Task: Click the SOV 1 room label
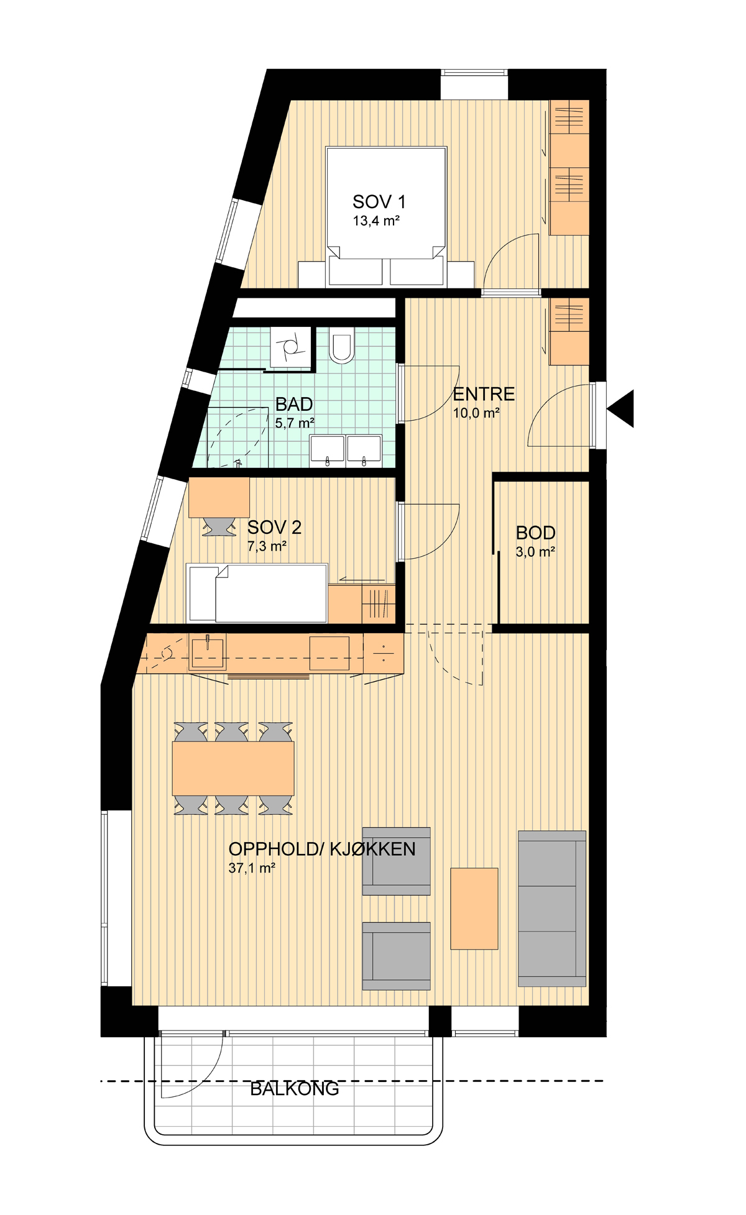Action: point(379,201)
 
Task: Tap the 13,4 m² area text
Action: point(376,221)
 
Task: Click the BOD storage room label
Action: point(535,533)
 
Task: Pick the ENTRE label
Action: point(484,394)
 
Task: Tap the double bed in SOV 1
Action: point(386,216)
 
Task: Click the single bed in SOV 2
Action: point(257,593)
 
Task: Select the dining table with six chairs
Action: point(233,768)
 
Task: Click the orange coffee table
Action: point(474,909)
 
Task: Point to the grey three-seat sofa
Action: point(552,909)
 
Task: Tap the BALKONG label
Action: point(295,1089)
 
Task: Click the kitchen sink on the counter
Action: point(207,651)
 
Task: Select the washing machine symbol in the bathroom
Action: point(290,348)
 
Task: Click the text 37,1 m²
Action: point(252,868)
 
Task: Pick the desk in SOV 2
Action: point(219,497)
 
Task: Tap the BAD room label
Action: point(294,404)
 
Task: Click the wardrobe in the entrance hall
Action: point(569,331)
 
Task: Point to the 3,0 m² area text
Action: point(535,551)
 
